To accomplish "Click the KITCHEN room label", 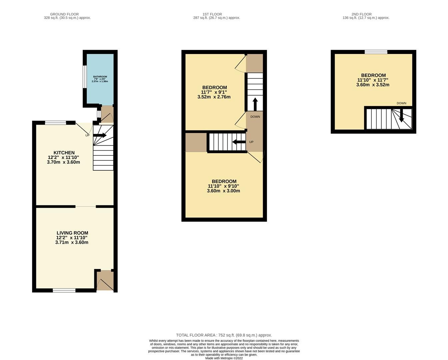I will click(x=64, y=153).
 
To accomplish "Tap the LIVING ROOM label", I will click(x=72, y=233).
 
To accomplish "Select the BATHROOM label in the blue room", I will click(x=100, y=77).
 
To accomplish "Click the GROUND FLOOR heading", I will click(x=64, y=14).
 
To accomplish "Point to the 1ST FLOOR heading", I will click(x=212, y=14).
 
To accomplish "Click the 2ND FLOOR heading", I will click(x=361, y=14).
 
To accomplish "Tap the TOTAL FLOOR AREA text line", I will click(x=224, y=335).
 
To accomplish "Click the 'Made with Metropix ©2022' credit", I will click(x=224, y=358).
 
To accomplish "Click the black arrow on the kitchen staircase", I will click(x=100, y=135).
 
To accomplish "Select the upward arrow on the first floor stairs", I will click(x=255, y=104).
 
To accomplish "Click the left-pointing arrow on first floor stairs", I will click(x=239, y=142).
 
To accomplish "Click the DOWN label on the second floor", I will click(x=401, y=103).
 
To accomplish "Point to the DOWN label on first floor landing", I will click(x=255, y=117).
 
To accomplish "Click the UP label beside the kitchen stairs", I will click(x=87, y=135).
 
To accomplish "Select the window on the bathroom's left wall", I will click(x=85, y=77).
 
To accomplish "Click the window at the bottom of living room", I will click(x=64, y=290).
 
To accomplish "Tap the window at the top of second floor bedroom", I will click(x=376, y=52).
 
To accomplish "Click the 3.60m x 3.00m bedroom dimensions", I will click(x=223, y=191).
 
